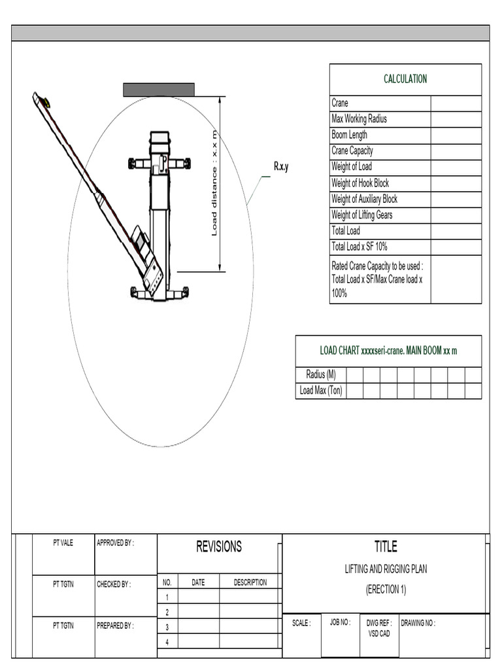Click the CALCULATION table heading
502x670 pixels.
click(x=405, y=79)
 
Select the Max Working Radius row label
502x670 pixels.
click(x=359, y=119)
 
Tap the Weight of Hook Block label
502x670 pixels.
click(x=360, y=183)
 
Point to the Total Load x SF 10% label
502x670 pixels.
click(x=360, y=247)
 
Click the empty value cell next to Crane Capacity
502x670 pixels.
click(x=456, y=151)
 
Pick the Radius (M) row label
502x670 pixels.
click(x=320, y=375)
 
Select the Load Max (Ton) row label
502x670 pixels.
click(x=320, y=391)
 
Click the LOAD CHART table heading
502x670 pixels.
click(x=388, y=351)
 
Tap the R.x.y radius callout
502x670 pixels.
click(x=280, y=167)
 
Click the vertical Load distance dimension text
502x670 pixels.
click(x=214, y=183)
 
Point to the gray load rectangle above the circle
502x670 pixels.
click(x=159, y=90)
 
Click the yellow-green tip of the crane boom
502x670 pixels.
click(x=46, y=102)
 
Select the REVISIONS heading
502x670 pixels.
click(x=219, y=547)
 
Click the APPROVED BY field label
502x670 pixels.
click(x=115, y=543)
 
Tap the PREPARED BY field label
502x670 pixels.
click(x=115, y=626)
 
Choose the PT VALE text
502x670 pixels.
click(x=63, y=543)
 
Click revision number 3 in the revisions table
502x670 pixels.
click(x=167, y=627)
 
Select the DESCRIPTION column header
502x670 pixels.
click(x=250, y=582)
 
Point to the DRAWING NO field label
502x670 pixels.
click(x=418, y=624)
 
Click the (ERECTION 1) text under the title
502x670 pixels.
click(x=386, y=590)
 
